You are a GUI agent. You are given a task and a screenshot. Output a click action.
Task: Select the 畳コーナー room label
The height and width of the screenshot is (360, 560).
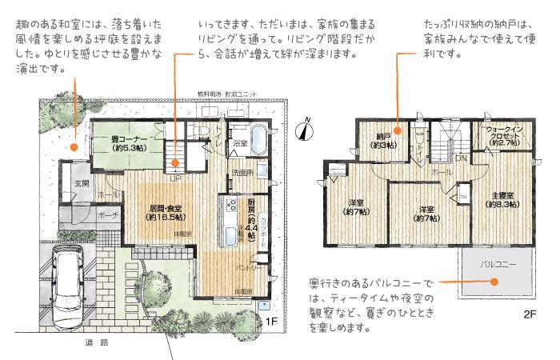tap(128, 143)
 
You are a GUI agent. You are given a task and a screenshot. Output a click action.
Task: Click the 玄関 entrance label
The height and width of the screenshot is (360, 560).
tap(82, 183)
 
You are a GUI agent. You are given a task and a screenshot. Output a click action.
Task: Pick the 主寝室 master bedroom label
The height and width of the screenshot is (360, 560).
tap(502, 199)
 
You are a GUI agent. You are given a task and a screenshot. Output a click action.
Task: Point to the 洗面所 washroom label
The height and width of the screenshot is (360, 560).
tap(243, 173)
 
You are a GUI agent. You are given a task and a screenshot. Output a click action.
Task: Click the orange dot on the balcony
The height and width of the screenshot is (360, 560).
tap(496, 280)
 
